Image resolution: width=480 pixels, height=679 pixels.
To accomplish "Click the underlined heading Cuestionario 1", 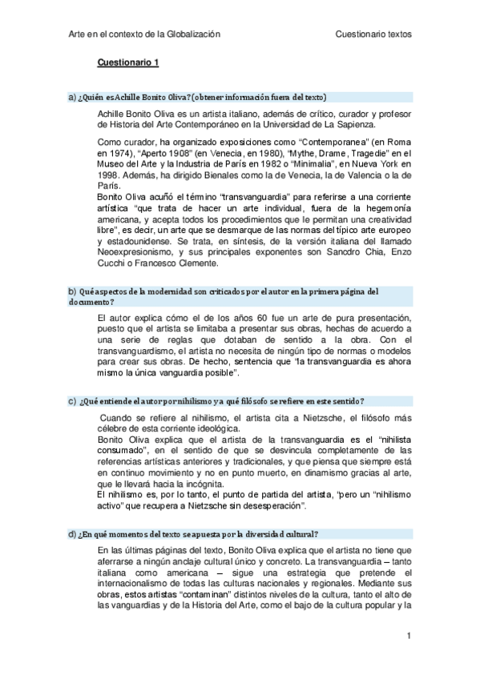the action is click(x=129, y=62).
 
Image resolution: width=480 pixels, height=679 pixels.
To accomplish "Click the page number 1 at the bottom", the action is click(x=409, y=636).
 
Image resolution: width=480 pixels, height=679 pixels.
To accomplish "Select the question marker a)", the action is click(x=71, y=97).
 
